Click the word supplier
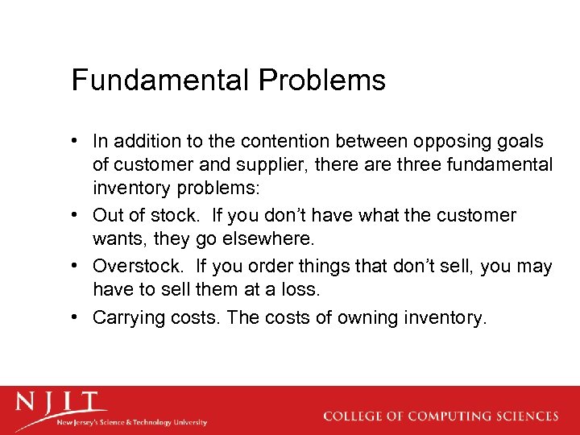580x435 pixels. point(252,165)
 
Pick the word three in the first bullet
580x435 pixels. point(390,165)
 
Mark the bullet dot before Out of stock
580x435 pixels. point(77,215)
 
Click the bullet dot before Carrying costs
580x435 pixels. point(77,317)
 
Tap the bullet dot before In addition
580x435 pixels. point(77,142)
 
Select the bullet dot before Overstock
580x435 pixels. point(77,266)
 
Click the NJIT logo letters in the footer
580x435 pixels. point(61,401)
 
